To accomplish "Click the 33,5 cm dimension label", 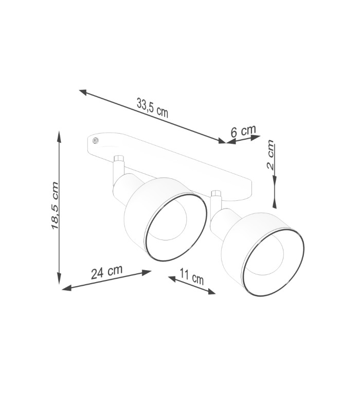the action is point(152,107).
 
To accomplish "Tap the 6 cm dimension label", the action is point(243,131).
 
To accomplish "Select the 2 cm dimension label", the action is point(271,155).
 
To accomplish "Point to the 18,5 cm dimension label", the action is point(55,206).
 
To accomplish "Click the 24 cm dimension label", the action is point(107,272).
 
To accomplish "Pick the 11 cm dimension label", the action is point(192,277).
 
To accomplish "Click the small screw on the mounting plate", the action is point(96,141).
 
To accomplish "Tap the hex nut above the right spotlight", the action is point(217,194).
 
